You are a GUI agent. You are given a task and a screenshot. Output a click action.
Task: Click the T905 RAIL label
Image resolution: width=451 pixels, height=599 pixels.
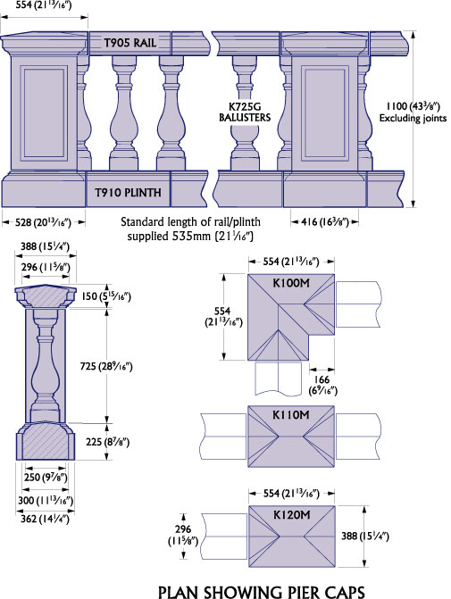pyautogui.click(x=130, y=43)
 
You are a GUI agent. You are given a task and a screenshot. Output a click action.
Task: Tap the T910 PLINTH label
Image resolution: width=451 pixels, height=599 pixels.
pyautogui.click(x=128, y=192)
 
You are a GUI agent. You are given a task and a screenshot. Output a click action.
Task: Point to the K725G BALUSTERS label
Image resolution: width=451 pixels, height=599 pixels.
pyautogui.click(x=245, y=112)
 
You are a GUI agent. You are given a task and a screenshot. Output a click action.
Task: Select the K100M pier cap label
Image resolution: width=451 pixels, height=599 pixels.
pyautogui.click(x=291, y=283)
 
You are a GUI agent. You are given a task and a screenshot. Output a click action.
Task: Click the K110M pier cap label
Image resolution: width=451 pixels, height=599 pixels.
pyautogui.click(x=291, y=414)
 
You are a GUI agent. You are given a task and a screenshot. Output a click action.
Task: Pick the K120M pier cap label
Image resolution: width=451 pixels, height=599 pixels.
pyautogui.click(x=292, y=515)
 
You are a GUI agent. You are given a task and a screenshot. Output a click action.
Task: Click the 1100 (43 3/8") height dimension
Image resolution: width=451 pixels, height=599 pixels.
pyautogui.click(x=413, y=106)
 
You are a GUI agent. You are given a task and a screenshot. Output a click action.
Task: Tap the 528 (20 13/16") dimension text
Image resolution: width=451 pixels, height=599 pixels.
pyautogui.click(x=43, y=222)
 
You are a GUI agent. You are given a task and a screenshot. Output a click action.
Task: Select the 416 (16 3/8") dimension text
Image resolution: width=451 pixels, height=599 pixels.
pyautogui.click(x=325, y=221)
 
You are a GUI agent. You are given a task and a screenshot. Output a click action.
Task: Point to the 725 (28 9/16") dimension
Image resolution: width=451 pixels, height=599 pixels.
pyautogui.click(x=106, y=366)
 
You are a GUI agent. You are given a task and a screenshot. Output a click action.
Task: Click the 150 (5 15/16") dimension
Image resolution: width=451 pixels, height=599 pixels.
pyautogui.click(x=106, y=296)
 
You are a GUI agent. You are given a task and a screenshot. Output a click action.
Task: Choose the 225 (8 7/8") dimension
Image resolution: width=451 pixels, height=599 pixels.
pyautogui.click(x=107, y=442)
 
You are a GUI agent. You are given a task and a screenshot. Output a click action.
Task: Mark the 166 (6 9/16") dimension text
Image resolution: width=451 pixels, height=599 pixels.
pyautogui.click(x=323, y=385)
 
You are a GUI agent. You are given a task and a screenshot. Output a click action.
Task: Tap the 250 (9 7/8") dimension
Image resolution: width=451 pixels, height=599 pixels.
pyautogui.click(x=46, y=477)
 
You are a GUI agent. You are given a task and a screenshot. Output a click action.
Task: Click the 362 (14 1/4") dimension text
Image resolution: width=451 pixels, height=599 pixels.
pyautogui.click(x=45, y=519)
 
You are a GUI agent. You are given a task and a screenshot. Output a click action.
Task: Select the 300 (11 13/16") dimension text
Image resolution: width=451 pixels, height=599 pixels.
pyautogui.click(x=46, y=500)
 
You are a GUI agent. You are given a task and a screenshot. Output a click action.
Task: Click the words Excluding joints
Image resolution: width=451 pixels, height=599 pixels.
pyautogui.click(x=413, y=118)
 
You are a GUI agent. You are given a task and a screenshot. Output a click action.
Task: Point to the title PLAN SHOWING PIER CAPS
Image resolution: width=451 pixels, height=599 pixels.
pyautogui.click(x=262, y=592)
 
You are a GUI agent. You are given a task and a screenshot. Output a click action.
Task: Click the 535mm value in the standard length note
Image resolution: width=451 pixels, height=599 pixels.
pyautogui.click(x=191, y=236)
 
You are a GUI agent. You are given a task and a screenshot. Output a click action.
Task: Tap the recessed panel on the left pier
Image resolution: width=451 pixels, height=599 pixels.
pyautogui.click(x=44, y=113)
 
